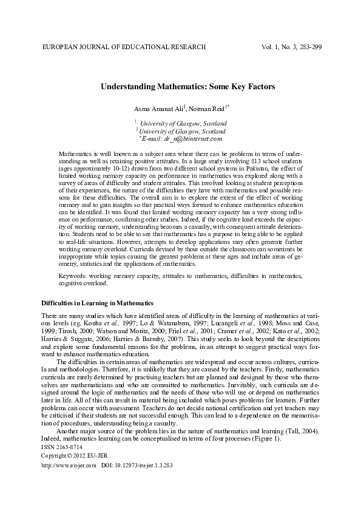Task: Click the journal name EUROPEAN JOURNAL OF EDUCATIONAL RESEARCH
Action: tap(123, 47)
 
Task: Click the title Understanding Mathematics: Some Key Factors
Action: tap(187, 87)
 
